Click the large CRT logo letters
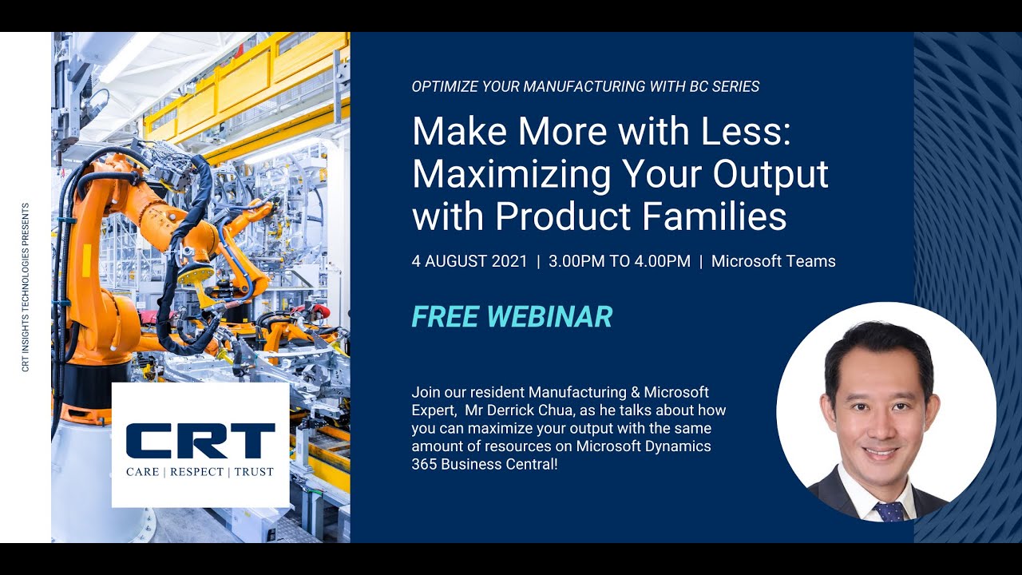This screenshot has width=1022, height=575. pos(200,440)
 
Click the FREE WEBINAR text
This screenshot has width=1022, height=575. pos(512,317)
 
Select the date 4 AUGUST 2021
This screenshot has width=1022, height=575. pos(469,261)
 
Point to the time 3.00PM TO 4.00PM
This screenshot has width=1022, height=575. pos(620,261)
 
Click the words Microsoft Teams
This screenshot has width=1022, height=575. pos(773,261)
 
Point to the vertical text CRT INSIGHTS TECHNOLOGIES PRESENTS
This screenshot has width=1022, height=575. pos(26,287)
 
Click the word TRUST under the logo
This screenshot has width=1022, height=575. pos(255,472)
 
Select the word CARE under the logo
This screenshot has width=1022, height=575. pos(143,472)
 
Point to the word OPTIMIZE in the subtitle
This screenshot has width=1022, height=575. pos(442,86)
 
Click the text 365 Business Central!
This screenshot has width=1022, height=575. pos(484,464)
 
